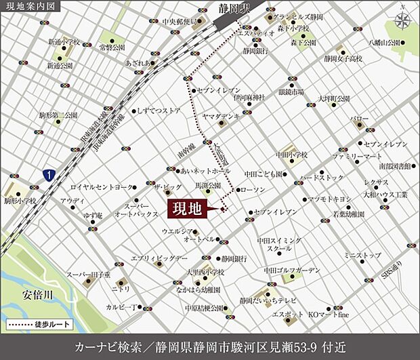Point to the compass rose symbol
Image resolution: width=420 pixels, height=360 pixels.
405,20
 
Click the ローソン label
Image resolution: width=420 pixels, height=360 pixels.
253,191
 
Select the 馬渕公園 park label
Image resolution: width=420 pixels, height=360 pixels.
207,185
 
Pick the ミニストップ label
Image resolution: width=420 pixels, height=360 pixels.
362,256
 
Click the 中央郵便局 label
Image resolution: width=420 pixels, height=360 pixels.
179,21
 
